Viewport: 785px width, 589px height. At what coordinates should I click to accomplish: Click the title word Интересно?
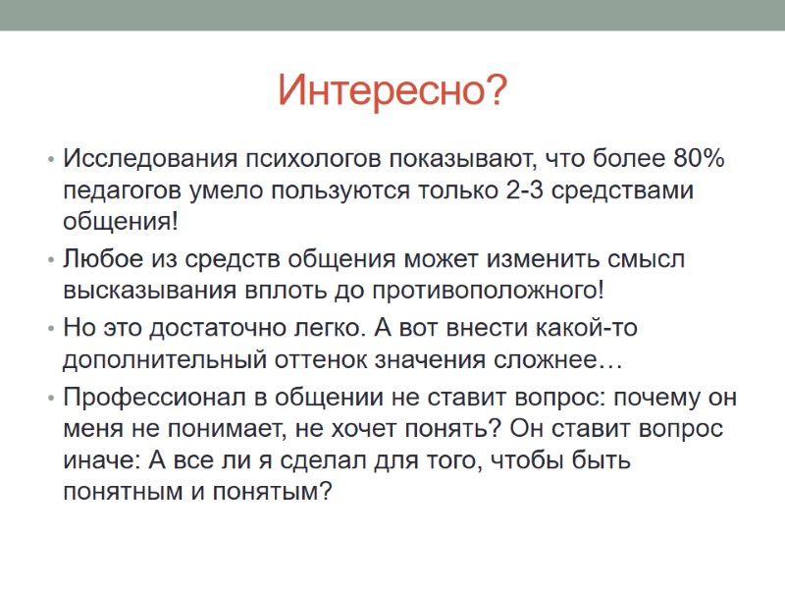(x=392, y=91)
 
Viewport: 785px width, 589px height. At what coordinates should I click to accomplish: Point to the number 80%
(x=699, y=158)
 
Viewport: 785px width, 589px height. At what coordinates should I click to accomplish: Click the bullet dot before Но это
(x=50, y=328)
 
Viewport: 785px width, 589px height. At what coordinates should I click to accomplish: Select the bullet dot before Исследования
(x=50, y=159)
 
